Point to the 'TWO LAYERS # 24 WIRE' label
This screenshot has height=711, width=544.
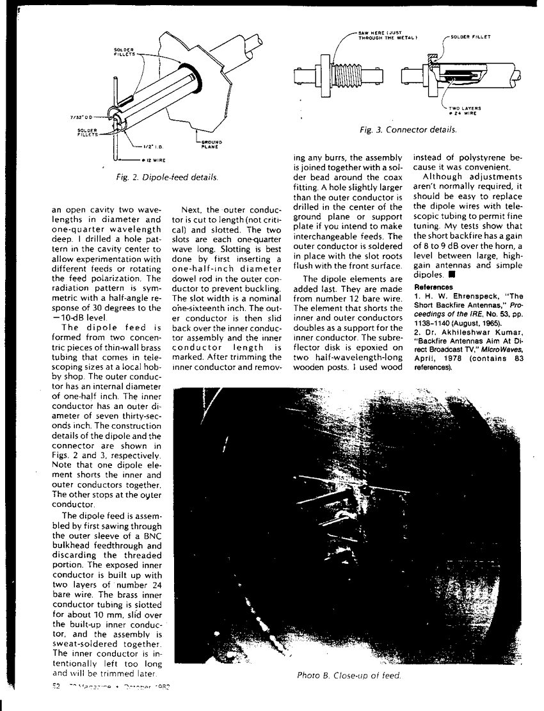[x=465, y=110]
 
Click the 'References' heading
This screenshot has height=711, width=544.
[x=432, y=287]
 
